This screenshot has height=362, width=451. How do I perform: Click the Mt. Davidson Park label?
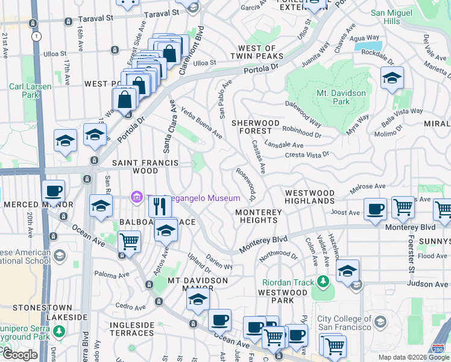(341, 98)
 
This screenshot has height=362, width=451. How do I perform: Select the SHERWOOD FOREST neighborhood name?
(256, 127)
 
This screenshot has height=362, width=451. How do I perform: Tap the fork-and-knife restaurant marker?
(160, 207)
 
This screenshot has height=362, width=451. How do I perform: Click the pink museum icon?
(137, 197)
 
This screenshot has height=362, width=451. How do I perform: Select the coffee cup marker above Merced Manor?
(53, 191)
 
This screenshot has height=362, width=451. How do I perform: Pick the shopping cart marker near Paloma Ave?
(129, 242)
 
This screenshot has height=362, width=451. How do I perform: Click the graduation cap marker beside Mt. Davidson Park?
(392, 78)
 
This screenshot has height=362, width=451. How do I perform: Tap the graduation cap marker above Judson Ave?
(348, 271)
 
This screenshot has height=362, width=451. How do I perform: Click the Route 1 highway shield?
(37, 36)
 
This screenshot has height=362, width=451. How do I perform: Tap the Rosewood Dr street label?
(247, 185)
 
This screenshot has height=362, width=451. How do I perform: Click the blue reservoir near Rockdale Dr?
(368, 45)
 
